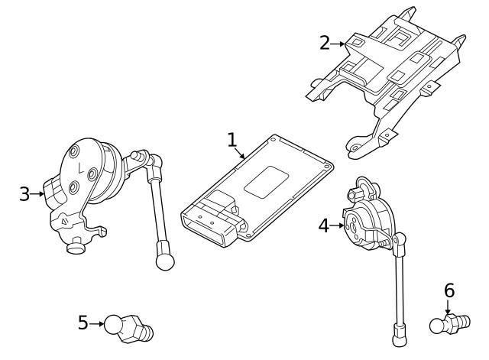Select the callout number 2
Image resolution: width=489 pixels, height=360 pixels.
coord(325,43)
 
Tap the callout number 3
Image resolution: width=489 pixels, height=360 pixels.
coord(24,193)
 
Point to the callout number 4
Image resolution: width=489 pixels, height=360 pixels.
coord(324,225)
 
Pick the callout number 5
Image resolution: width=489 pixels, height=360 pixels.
coord(83,323)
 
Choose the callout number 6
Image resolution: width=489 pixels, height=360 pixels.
coord(449,290)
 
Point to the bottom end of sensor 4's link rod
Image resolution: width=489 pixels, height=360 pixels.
coord(398,333)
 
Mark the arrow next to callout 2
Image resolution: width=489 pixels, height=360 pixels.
coord(339,44)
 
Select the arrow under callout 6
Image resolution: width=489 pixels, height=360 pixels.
coord(449,308)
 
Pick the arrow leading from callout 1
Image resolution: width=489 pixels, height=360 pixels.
coord(240,152)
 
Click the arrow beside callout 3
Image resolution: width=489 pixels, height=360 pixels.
coord(39,194)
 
